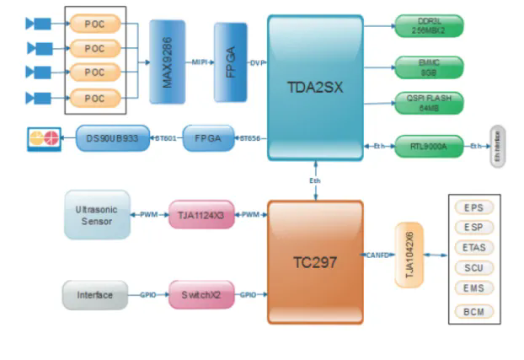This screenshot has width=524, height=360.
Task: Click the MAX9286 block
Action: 167,62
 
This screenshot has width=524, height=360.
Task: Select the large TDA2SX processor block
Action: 315,87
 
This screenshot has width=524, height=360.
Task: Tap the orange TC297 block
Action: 315,262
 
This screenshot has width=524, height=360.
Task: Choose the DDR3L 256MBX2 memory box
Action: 429,25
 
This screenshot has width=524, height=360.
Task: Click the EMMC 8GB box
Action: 429,66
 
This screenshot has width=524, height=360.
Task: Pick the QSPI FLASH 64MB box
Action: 429,103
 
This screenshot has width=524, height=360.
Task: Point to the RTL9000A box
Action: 429,145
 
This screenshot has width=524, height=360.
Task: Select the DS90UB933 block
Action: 112,137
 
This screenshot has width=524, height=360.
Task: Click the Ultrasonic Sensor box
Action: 98,214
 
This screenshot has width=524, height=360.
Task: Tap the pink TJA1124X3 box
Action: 201,214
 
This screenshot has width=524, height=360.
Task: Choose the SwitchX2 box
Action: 201,294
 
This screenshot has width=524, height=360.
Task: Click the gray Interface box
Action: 95,294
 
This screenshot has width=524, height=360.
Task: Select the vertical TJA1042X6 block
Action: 409,255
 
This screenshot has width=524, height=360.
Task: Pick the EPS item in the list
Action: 473,207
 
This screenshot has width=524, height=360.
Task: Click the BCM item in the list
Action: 473,312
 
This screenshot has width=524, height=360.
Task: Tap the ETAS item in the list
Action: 473,248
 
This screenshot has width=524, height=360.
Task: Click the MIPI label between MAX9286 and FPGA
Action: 200,62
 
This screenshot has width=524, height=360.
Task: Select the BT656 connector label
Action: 250,138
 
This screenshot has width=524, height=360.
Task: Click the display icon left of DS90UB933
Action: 43,138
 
